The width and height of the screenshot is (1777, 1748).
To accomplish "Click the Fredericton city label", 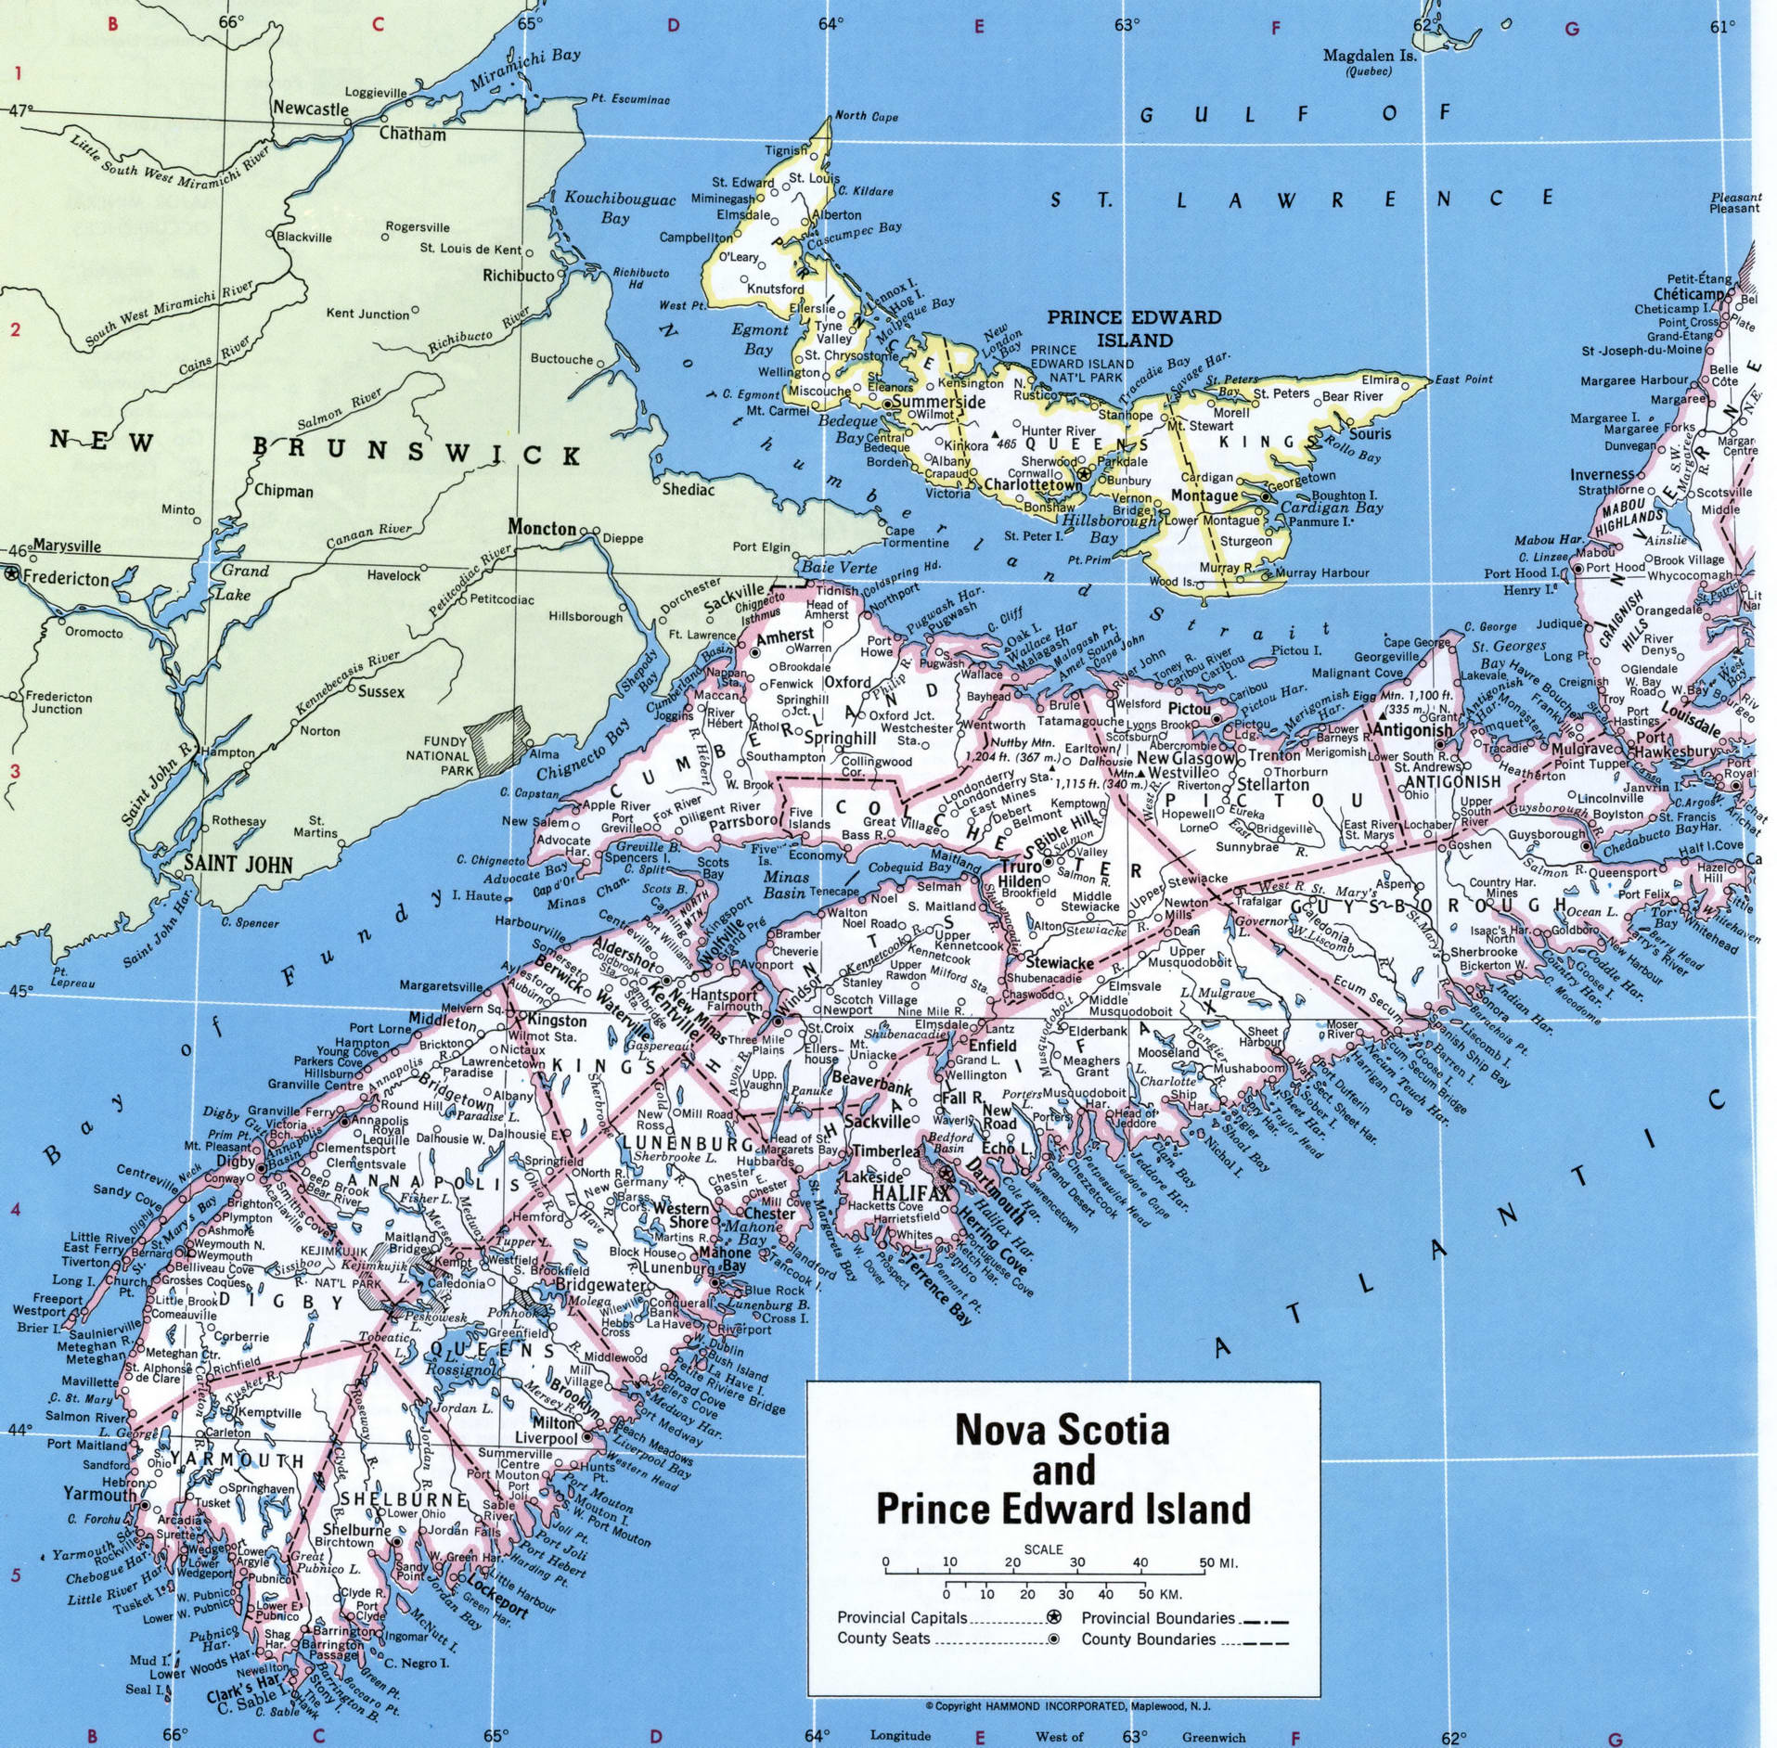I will pyautogui.click(x=65, y=578).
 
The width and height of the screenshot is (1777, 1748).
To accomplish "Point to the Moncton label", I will pyautogui.click(x=541, y=528).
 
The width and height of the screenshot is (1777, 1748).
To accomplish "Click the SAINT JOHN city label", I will pyautogui.click(x=238, y=865).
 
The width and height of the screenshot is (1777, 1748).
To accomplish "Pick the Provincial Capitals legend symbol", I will pyautogui.click(x=1053, y=1617).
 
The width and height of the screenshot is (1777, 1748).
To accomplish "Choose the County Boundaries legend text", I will pyautogui.click(x=1148, y=1639).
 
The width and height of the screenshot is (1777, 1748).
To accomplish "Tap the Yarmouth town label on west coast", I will pyautogui.click(x=99, y=1494).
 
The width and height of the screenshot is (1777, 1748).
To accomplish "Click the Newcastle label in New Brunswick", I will pyautogui.click(x=310, y=109).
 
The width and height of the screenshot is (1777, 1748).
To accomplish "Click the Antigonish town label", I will pyautogui.click(x=1411, y=730).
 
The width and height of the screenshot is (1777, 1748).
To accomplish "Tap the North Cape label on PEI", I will pyautogui.click(x=865, y=116).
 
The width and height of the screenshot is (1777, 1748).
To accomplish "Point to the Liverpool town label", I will pyautogui.click(x=546, y=1438).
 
